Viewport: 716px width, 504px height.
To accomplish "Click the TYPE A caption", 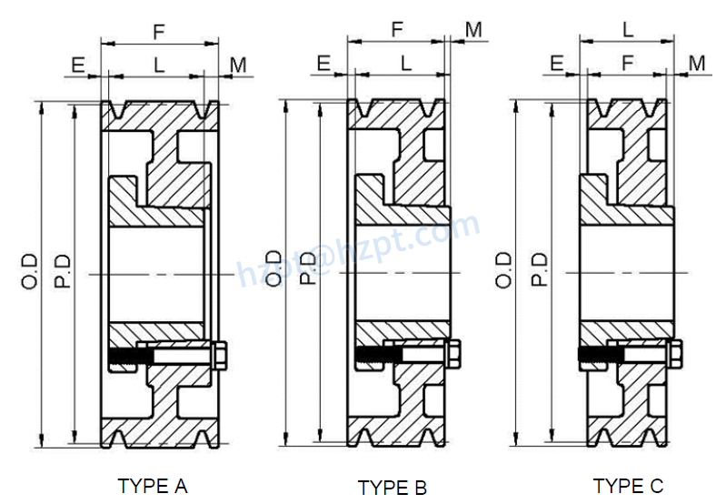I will (x=153, y=485).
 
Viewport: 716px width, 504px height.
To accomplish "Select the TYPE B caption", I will (x=392, y=488).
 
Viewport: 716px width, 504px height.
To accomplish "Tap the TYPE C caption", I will (x=628, y=485).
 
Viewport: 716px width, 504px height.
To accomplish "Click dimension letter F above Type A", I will (x=158, y=32).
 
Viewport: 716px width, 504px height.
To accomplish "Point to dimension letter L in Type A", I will (x=159, y=65).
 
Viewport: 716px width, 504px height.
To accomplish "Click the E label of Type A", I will (x=78, y=65).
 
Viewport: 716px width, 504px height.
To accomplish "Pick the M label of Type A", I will (x=238, y=65).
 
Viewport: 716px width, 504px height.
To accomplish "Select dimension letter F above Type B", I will (x=397, y=29).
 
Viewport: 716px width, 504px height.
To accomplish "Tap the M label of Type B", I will (x=473, y=29).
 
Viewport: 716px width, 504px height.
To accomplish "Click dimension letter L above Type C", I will (x=628, y=29).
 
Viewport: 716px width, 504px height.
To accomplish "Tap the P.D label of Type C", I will (x=539, y=271).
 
